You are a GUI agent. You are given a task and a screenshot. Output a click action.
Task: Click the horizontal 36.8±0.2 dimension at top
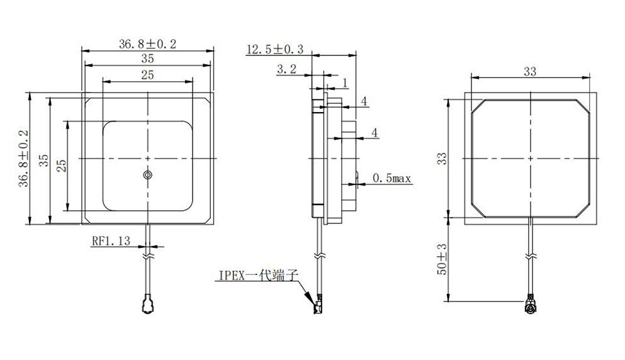(x=147, y=43)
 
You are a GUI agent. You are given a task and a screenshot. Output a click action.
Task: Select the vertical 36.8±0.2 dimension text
(x=24, y=159)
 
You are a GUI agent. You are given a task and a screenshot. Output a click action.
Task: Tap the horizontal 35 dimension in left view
(x=147, y=59)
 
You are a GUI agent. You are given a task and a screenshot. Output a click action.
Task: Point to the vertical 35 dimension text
(x=43, y=159)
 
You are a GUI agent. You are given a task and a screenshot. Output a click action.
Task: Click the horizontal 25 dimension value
(x=147, y=75)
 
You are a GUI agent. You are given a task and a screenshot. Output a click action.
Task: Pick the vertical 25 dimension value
(x=61, y=165)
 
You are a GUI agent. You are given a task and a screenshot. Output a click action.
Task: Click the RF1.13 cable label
(x=111, y=240)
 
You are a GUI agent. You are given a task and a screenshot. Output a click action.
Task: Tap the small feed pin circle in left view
(x=147, y=175)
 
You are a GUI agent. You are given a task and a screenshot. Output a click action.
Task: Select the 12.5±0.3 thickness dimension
(x=274, y=49)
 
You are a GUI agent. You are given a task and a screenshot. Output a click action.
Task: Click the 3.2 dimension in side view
(x=286, y=70)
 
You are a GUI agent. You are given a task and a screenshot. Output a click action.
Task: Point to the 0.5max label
(x=391, y=179)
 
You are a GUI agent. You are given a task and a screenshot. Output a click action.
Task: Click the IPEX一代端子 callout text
(x=256, y=275)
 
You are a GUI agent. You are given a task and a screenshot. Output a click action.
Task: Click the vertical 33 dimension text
(x=442, y=159)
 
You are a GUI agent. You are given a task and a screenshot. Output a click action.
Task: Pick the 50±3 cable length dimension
(x=442, y=259)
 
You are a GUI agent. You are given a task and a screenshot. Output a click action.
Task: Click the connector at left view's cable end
(x=147, y=307)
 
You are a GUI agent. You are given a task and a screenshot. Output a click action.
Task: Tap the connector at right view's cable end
(x=530, y=307)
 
